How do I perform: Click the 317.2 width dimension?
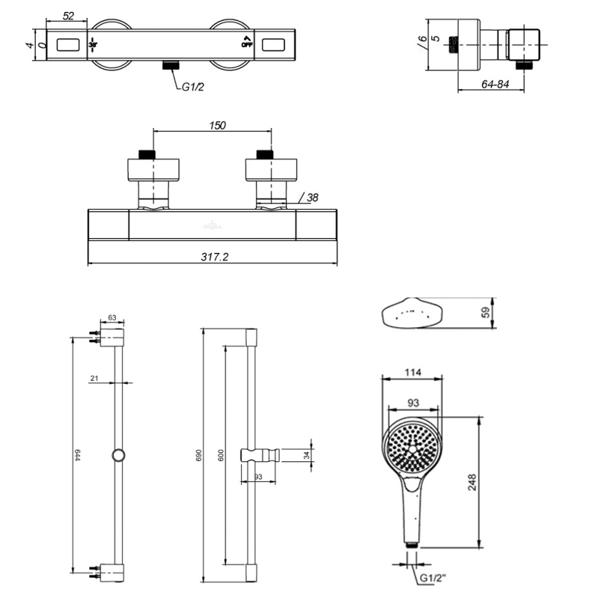(213, 256)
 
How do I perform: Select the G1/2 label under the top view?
(193, 87)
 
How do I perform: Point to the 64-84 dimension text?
(495, 85)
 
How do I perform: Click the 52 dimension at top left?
(68, 15)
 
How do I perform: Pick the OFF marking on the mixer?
(246, 44)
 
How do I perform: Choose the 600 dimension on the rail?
(221, 456)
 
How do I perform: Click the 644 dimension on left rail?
(77, 455)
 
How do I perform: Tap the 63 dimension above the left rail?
(112, 318)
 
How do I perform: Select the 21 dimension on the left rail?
(94, 379)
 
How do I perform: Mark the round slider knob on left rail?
(118, 455)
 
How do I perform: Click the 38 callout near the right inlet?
(311, 198)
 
